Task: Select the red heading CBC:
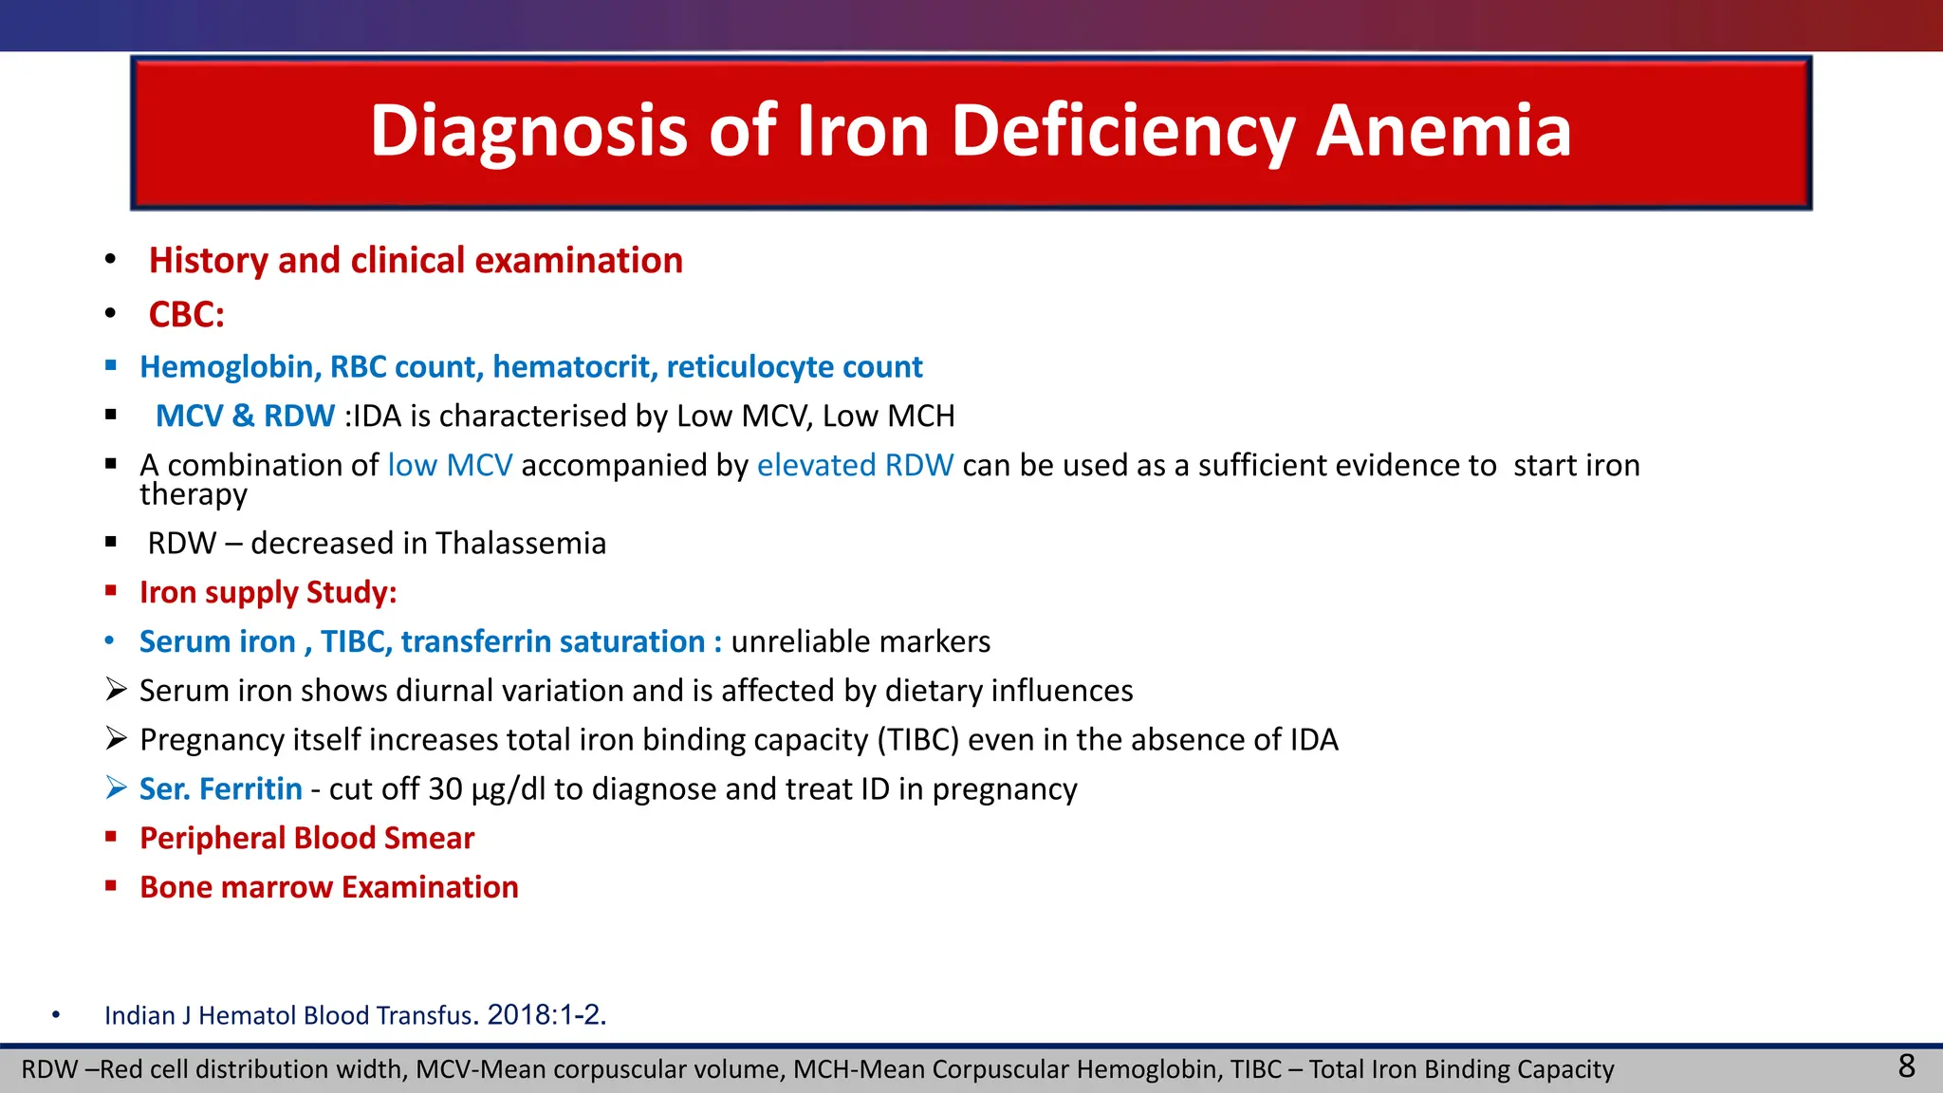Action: [186, 315]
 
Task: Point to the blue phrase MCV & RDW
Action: [245, 417]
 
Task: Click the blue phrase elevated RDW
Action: [855, 466]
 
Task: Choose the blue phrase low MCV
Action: [450, 466]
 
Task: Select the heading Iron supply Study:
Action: [268, 593]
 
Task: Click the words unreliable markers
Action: [860, 642]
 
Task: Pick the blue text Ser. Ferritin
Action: [220, 789]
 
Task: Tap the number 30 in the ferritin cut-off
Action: [445, 789]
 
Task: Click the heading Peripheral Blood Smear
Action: [306, 839]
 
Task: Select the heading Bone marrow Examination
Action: [328, 888]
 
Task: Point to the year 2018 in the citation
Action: [518, 1015]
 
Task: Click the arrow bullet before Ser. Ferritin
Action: [116, 788]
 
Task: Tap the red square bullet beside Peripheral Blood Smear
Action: [111, 837]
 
